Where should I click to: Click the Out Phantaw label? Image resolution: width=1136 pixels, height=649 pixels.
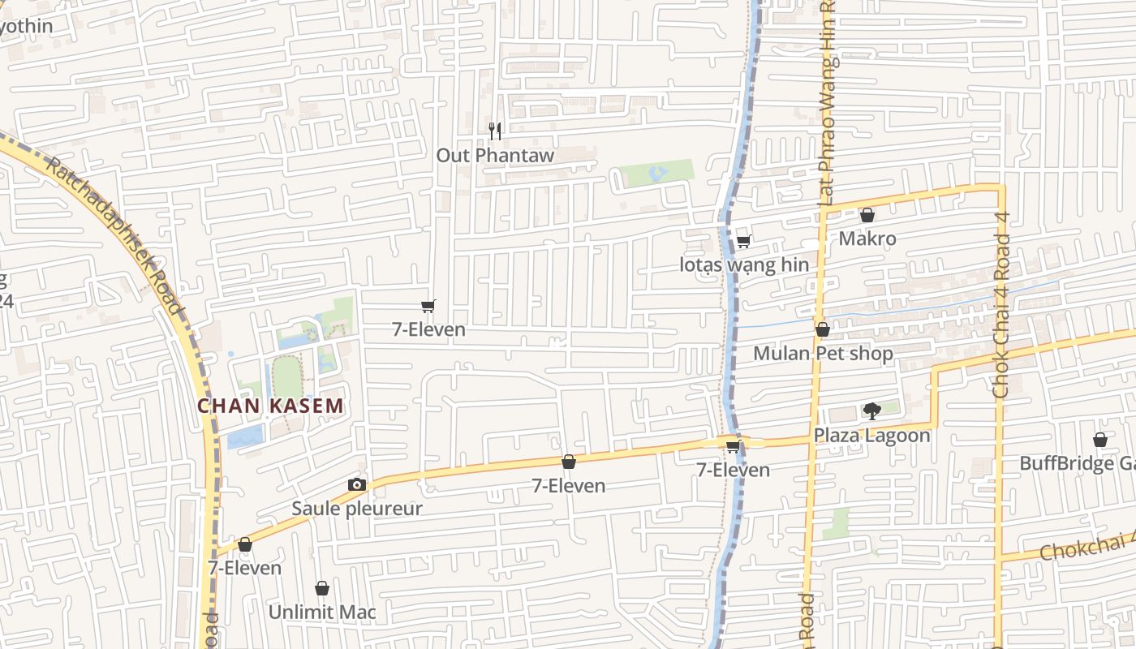(x=495, y=155)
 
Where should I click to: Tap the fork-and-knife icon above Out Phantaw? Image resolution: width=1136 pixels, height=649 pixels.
(x=495, y=131)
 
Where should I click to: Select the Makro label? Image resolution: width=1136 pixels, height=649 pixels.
(x=867, y=239)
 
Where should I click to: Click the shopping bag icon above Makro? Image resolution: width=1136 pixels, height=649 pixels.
(x=867, y=215)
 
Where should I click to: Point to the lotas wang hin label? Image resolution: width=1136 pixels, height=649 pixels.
(x=744, y=264)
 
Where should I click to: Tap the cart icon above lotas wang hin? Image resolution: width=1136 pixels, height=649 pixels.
(x=743, y=241)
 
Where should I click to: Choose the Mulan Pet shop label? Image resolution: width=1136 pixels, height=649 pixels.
(x=823, y=354)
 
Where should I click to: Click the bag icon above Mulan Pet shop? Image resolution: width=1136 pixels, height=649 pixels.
(x=822, y=329)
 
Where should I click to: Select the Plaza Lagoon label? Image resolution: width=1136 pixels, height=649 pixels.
(x=871, y=435)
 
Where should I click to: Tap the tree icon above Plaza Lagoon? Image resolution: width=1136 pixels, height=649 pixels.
(x=871, y=411)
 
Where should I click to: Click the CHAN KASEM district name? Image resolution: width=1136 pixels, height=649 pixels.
(x=271, y=406)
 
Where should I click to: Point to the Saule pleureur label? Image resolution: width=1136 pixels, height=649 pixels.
(x=357, y=509)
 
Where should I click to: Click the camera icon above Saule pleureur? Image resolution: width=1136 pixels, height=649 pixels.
(x=356, y=485)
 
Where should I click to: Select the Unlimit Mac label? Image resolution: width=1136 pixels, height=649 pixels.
(x=322, y=612)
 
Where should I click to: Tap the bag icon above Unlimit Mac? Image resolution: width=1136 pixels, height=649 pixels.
(x=322, y=588)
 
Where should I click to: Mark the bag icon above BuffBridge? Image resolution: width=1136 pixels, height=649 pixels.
(x=1100, y=440)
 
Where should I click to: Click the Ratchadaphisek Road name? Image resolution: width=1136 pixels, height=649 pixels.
(x=114, y=234)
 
